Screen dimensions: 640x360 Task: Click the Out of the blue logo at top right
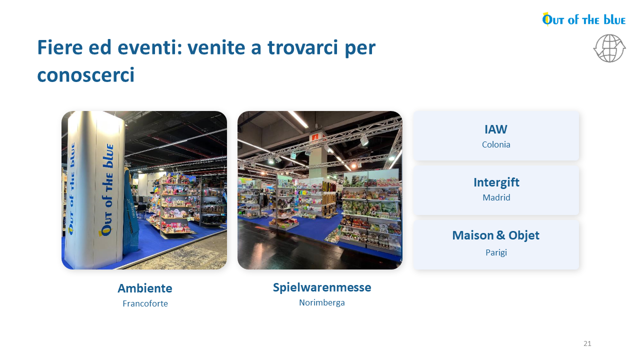(x=583, y=19)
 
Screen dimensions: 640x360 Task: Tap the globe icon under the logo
(x=609, y=48)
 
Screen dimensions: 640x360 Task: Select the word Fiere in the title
(x=60, y=47)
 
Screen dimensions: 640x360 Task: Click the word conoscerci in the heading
(x=85, y=75)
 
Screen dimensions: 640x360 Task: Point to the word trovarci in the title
(x=303, y=47)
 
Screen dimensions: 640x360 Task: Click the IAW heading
(x=496, y=129)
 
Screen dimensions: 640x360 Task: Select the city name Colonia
(x=496, y=144)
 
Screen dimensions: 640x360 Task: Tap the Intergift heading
(x=496, y=182)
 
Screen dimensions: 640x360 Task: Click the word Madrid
(x=496, y=197)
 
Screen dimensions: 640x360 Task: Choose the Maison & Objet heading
(x=495, y=235)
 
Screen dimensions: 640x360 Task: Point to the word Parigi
(x=496, y=252)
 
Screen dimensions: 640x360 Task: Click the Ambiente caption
(x=145, y=288)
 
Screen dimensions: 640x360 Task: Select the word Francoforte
(x=145, y=303)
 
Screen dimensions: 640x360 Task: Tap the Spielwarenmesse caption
(x=322, y=287)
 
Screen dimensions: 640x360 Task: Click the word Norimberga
(x=322, y=302)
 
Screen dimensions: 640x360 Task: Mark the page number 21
(x=587, y=343)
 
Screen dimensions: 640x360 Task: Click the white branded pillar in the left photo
(x=94, y=190)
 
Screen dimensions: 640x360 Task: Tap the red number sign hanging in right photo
(x=315, y=137)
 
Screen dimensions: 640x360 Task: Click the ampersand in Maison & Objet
(x=500, y=235)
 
